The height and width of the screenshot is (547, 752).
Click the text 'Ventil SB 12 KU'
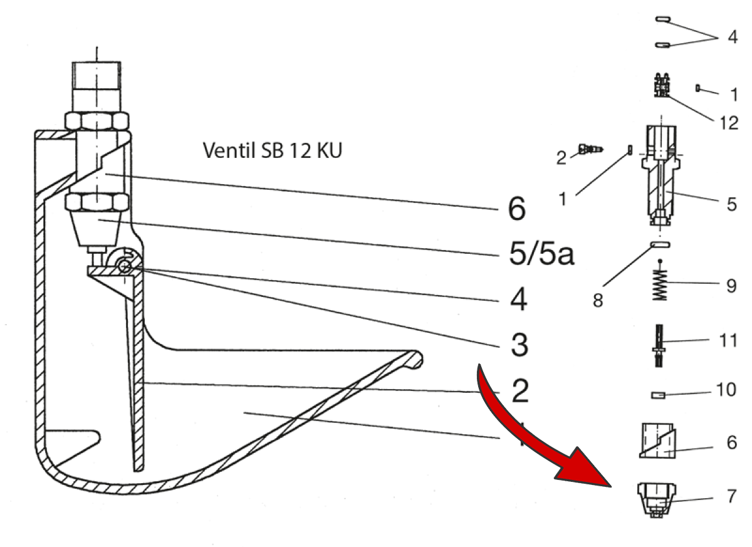pyautogui.click(x=273, y=151)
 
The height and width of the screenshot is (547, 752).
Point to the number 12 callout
pyautogui.click(x=729, y=123)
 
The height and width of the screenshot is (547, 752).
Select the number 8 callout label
pyautogui.click(x=598, y=301)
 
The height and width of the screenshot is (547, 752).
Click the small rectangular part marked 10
pyautogui.click(x=657, y=395)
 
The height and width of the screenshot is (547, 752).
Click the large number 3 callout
pyautogui.click(x=520, y=345)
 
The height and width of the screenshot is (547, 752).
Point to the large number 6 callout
pyautogui.click(x=516, y=209)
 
